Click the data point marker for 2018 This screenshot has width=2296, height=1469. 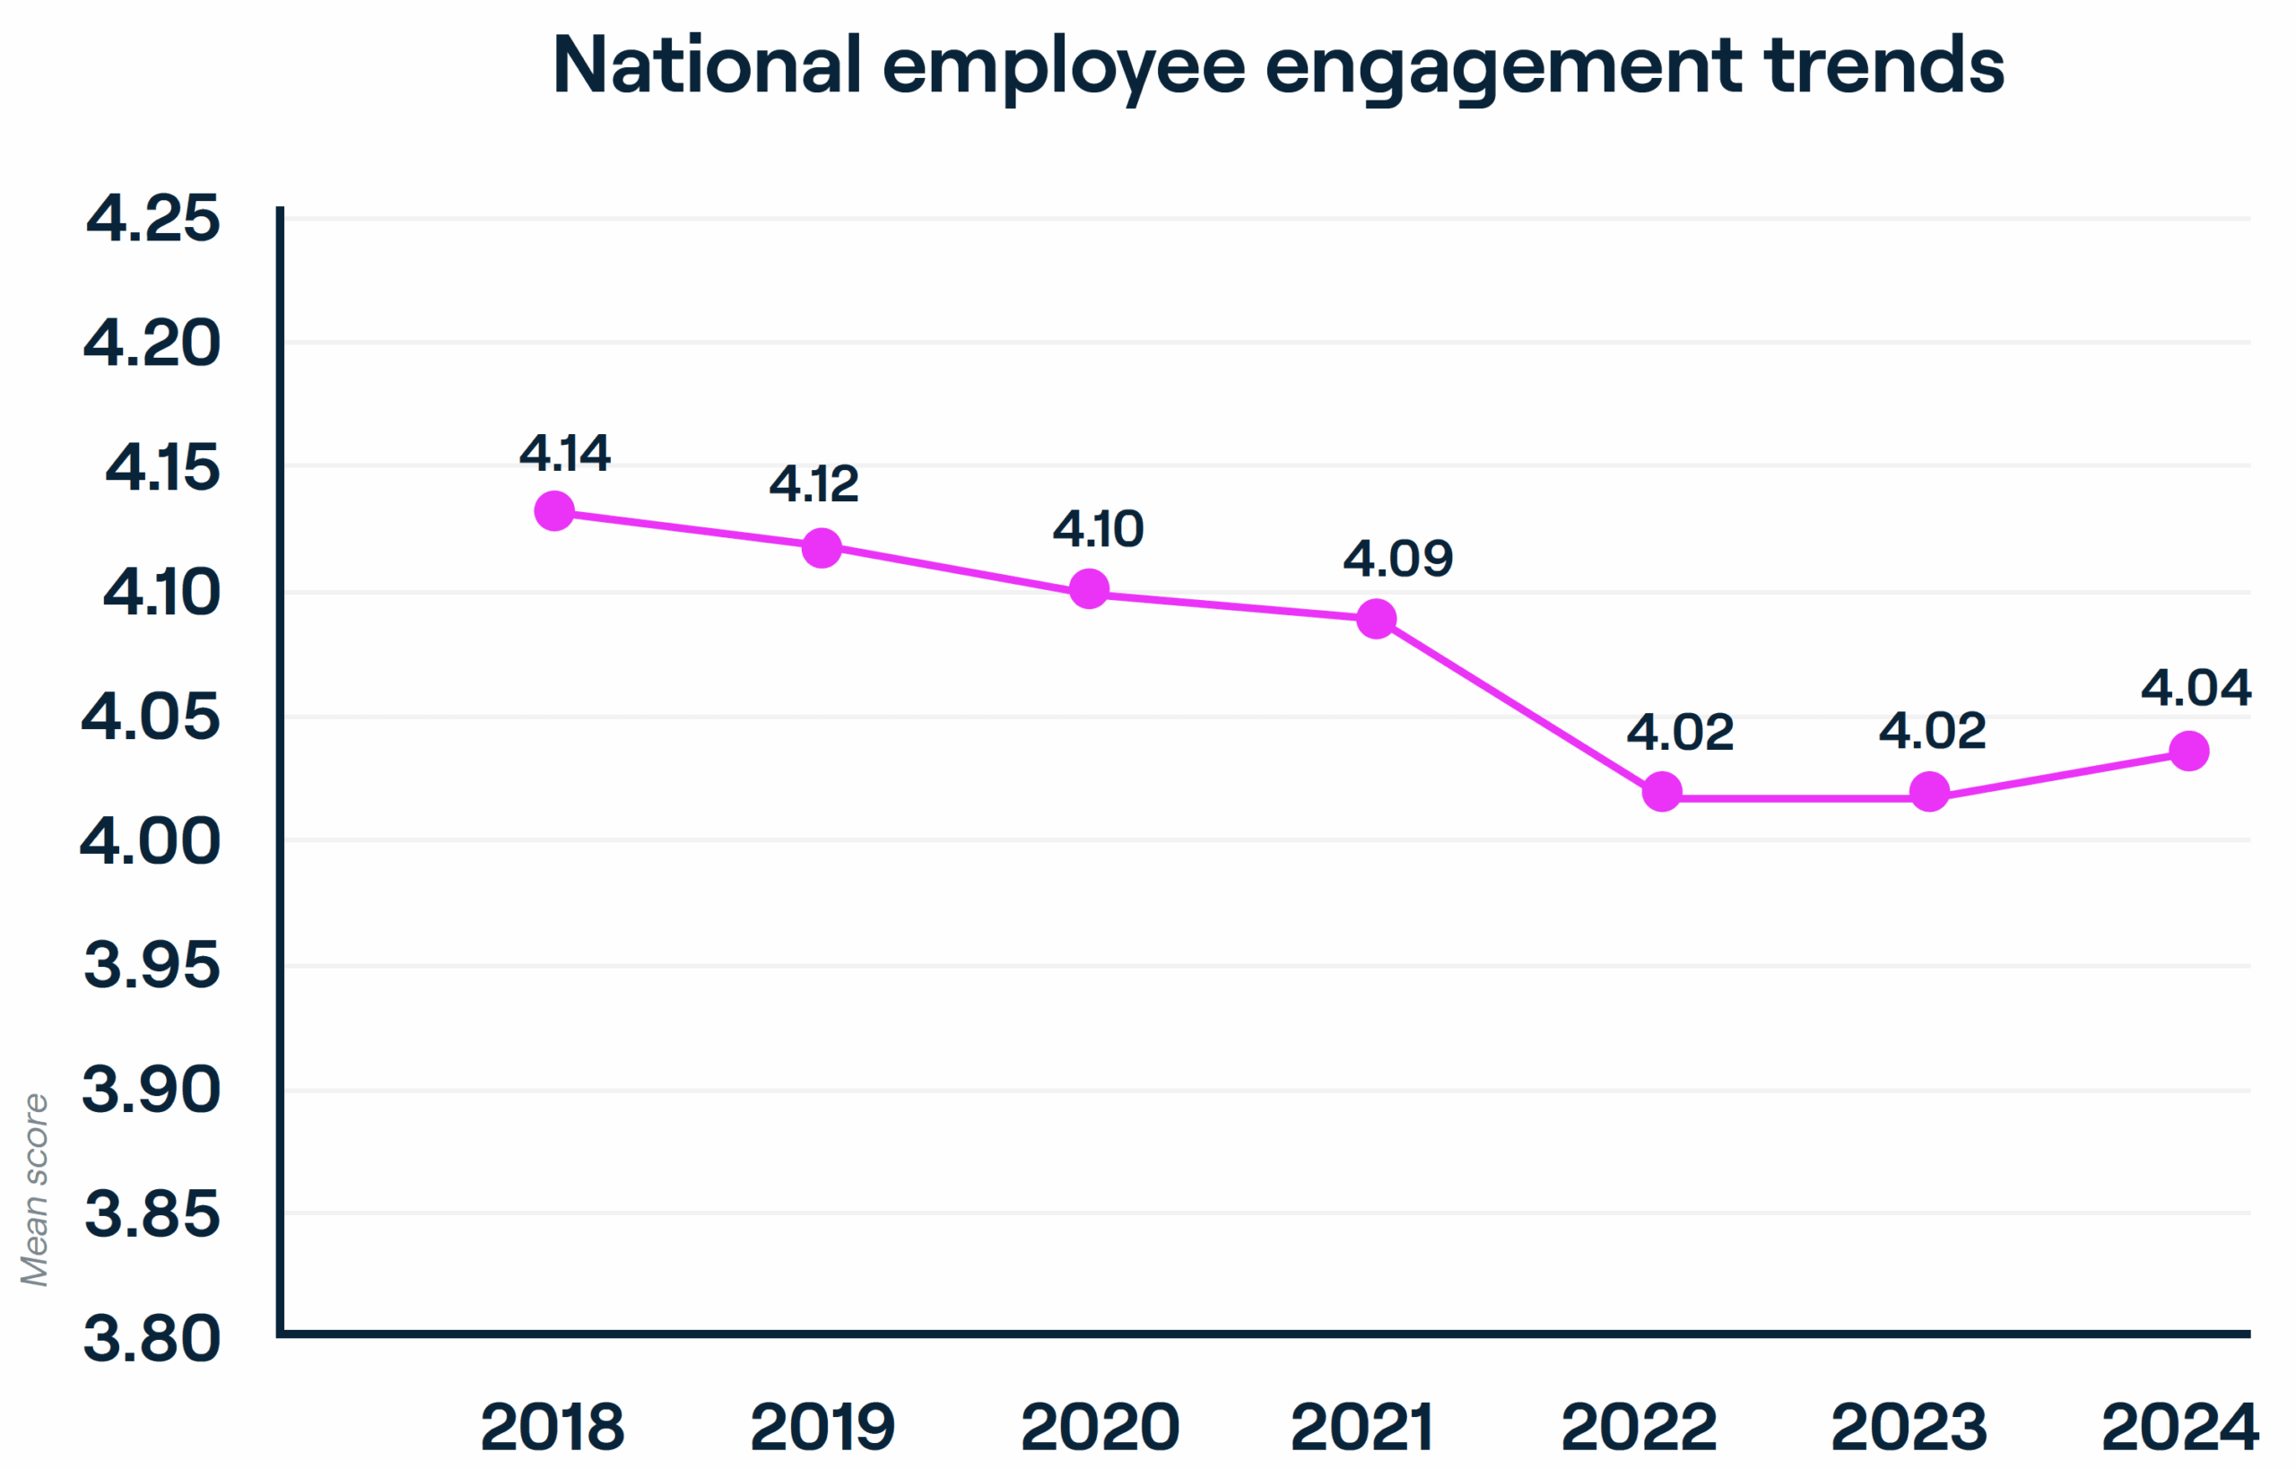[x=554, y=511]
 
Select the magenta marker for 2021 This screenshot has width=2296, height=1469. [x=1377, y=619]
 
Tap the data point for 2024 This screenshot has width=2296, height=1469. [x=2189, y=751]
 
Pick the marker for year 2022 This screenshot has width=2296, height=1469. [x=1662, y=792]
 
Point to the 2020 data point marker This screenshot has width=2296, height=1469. [x=1089, y=588]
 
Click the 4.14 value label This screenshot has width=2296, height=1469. [x=565, y=453]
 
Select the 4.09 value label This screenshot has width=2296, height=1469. [x=1397, y=558]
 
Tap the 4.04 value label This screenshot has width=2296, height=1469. [x=2196, y=688]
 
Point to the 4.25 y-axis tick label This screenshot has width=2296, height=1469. [x=152, y=219]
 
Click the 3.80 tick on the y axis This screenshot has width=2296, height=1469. [x=152, y=1338]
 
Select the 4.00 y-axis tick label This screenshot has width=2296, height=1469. [x=150, y=841]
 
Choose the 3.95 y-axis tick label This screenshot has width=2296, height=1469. [x=152, y=964]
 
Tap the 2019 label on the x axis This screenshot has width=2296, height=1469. [x=822, y=1427]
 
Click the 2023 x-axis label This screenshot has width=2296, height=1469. [x=1909, y=1427]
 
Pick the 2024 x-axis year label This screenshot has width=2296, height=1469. [x=2179, y=1427]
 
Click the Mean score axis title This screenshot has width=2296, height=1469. [x=34, y=1189]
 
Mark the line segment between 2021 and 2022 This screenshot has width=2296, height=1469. [x=1518, y=706]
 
